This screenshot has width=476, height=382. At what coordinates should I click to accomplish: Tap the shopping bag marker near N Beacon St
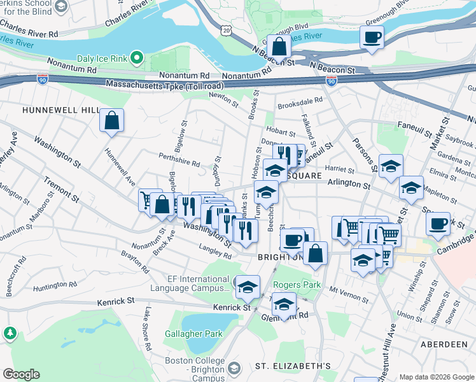tap(279, 46)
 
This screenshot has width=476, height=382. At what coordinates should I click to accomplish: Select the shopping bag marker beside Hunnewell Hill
tap(111, 120)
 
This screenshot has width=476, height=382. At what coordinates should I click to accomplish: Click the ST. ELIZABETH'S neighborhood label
tap(293, 366)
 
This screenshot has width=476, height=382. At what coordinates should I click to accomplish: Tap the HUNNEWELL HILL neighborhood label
tap(61, 110)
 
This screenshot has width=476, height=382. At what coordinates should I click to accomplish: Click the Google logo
tap(21, 374)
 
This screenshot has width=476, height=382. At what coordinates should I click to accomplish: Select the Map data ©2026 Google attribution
tap(437, 377)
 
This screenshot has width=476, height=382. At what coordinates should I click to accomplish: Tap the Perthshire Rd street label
tap(179, 163)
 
